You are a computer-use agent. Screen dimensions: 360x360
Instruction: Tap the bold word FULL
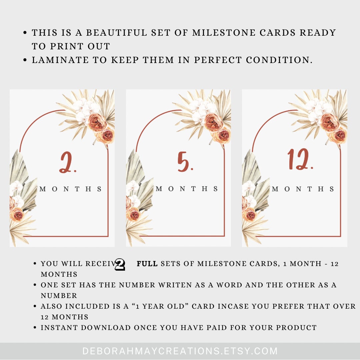tap(147, 264)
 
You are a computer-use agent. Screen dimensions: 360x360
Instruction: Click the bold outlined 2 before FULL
tap(120, 264)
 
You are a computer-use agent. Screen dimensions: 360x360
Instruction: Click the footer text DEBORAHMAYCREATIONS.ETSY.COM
tap(180, 351)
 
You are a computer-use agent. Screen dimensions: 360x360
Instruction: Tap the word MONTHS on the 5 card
tap(187, 189)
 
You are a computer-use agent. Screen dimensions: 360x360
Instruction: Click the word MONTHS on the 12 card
tap(303, 189)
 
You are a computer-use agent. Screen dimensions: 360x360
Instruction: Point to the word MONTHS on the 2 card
tap(71, 189)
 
